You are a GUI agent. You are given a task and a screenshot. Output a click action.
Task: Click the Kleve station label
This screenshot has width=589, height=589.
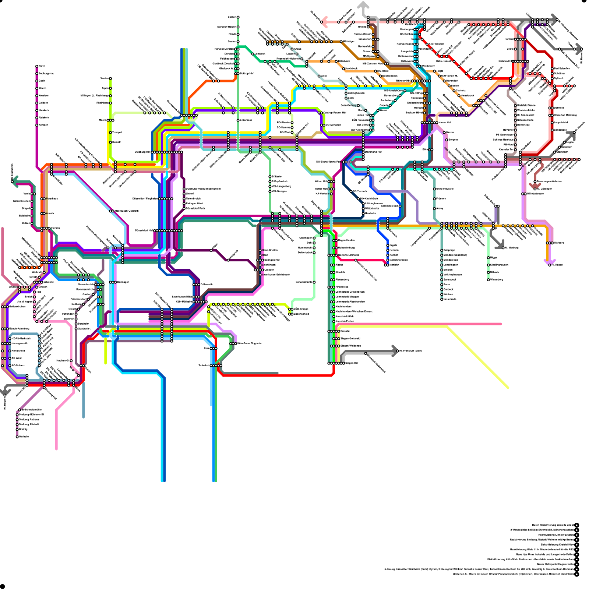pos(42,66)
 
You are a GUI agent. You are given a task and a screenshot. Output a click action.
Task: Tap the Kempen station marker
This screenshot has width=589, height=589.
pos(37,125)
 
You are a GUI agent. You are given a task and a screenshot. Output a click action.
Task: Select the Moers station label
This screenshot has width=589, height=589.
pos(102,120)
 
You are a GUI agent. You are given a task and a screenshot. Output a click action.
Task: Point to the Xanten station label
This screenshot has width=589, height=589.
pos(105,78)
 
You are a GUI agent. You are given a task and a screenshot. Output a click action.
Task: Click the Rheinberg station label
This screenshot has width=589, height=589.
pos(102,103)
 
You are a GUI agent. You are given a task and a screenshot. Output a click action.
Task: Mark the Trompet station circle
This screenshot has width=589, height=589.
pos(110,133)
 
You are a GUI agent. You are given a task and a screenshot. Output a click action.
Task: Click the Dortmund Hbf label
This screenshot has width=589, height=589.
pos(373,152)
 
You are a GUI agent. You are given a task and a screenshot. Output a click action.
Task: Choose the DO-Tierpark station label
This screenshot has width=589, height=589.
pos(360,191)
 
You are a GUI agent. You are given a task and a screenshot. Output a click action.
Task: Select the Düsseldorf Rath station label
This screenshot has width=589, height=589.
pos(195,208)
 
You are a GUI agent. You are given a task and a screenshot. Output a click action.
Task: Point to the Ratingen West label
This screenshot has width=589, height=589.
pos(194,204)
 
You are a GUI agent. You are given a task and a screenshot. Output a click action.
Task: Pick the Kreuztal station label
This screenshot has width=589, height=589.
pos(345,331)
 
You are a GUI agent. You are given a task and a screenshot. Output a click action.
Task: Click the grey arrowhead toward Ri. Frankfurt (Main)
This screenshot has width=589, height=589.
pos(395,350)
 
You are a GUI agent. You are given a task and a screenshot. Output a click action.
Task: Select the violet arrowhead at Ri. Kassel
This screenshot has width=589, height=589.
pos(546,262)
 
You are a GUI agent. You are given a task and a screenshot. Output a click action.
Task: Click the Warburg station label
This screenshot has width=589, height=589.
pos(559,243)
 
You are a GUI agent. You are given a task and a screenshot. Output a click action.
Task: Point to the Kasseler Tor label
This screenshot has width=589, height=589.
pos(506,149)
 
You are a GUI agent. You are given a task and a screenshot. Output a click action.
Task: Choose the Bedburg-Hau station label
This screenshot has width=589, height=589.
pos(46,74)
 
